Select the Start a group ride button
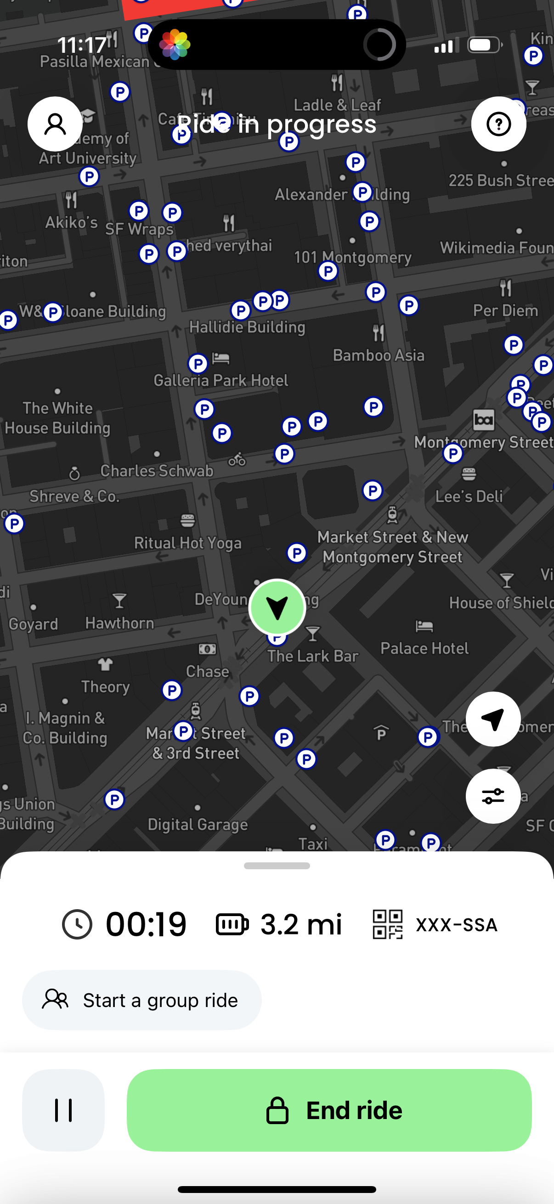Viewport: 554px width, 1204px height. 141,1000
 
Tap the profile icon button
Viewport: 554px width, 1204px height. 55,124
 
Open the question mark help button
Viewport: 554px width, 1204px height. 498,124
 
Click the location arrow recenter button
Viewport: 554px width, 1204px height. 493,719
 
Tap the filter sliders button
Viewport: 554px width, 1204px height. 493,795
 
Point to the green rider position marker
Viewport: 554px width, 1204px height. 277,607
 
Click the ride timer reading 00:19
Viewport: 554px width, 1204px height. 146,924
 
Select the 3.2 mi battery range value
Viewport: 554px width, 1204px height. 301,924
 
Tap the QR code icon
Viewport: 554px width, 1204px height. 387,924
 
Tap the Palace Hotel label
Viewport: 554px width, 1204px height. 424,648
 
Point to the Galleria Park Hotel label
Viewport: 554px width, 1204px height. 220,381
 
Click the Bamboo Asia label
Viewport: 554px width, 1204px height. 378,355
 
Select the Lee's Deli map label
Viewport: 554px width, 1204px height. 469,496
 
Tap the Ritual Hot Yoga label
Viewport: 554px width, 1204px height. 187,543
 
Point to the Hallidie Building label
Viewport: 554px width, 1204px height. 247,326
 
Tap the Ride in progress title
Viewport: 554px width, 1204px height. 277,124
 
